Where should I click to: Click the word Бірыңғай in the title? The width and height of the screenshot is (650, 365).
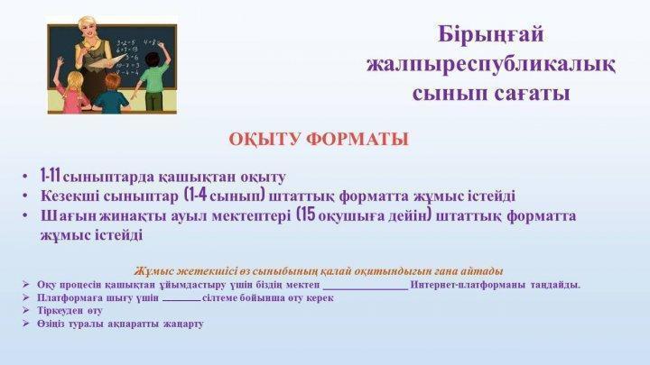click(x=490, y=35)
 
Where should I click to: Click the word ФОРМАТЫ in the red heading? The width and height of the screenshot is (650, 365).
click(x=357, y=139)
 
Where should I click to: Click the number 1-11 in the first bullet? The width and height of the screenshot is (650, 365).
click(x=51, y=176)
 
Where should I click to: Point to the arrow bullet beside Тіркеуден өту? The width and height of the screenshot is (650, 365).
click(x=26, y=310)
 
